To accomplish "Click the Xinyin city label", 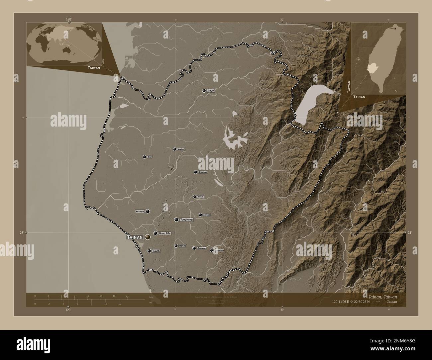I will (211, 91).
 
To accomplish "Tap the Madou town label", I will (181, 149).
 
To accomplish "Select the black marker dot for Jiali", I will (144, 157).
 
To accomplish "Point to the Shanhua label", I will (202, 172).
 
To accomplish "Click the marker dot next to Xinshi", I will (195, 197).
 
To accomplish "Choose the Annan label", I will (140, 211).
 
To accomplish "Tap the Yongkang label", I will (186, 220).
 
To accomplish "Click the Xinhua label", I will (206, 215).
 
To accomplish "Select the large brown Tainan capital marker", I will (148, 237).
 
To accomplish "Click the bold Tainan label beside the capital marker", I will (135, 237).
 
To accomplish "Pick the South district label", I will (156, 251).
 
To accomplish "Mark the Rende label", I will (182, 246).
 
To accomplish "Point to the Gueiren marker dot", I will (194, 248).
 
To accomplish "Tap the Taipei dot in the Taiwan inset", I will (395, 29).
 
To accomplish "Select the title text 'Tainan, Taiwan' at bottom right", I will (382, 296).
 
